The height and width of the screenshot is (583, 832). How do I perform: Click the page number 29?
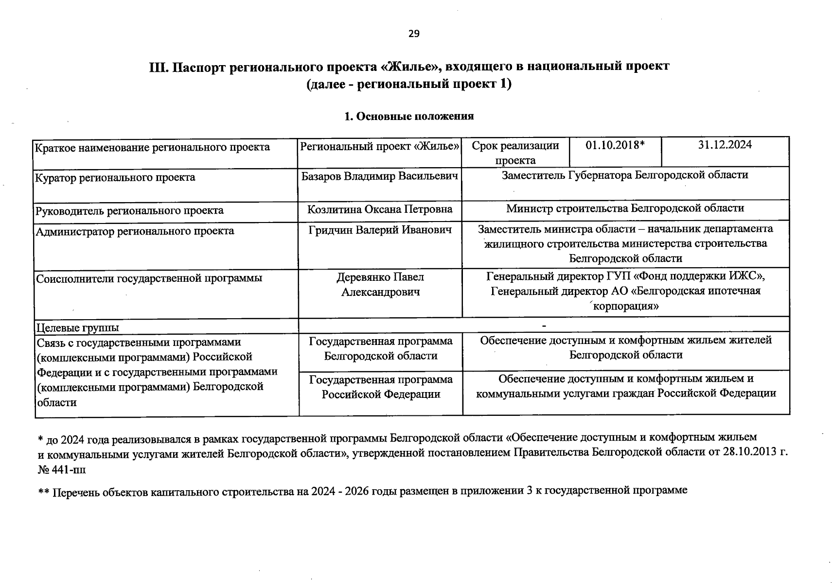click(413, 34)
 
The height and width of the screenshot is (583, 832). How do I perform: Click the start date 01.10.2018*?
click(615, 145)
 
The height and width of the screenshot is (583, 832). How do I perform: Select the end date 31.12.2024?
click(725, 145)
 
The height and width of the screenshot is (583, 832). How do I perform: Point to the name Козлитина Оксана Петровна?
click(380, 209)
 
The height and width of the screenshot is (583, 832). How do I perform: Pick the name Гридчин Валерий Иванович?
click(380, 229)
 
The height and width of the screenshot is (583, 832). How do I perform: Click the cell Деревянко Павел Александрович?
click(380, 284)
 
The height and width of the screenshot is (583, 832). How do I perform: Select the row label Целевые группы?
click(78, 327)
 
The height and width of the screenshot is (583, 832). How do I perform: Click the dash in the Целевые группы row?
click(544, 325)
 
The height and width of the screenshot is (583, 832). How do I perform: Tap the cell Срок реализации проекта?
click(515, 153)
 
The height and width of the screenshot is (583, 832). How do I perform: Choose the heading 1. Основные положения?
click(408, 116)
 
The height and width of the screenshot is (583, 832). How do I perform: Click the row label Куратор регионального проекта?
click(115, 177)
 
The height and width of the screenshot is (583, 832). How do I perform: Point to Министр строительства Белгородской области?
click(625, 208)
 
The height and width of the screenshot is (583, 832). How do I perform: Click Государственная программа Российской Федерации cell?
click(381, 387)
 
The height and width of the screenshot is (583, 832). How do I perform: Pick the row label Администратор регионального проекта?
click(135, 231)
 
